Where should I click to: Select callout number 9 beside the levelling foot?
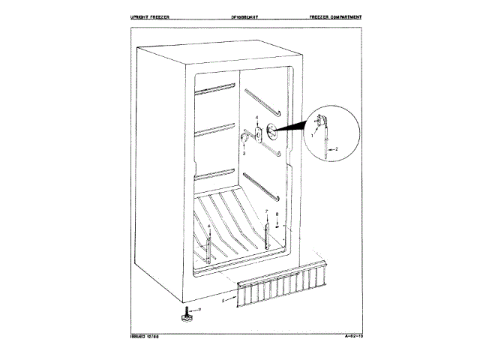[x=200, y=309]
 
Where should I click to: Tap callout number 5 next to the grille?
[x=223, y=300]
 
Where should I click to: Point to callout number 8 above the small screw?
[x=277, y=214]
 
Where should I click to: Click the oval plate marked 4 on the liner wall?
[x=258, y=134]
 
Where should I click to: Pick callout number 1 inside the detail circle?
[x=313, y=133]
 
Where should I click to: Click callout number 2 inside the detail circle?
[x=336, y=150]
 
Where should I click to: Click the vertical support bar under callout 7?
[x=266, y=236]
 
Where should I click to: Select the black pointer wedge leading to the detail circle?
[x=292, y=125]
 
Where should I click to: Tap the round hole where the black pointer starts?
[x=270, y=133]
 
